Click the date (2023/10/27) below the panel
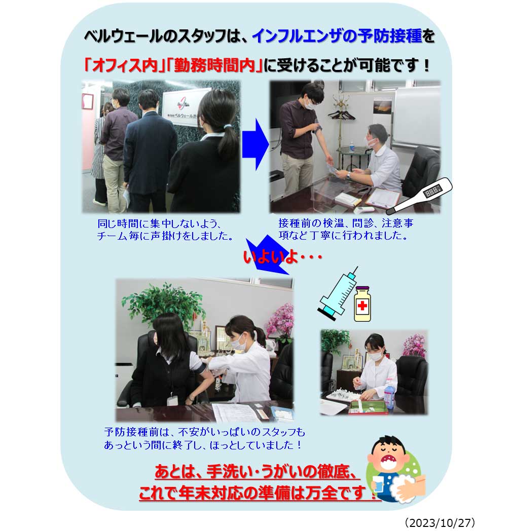point(440,522)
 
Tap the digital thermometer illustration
point(419,196)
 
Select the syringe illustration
point(338,293)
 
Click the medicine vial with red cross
point(362,304)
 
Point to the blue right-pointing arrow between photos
point(255,144)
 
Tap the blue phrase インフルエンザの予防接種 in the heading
point(337,36)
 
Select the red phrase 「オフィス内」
point(122,65)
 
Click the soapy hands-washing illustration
point(407,488)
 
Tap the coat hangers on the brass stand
point(342,114)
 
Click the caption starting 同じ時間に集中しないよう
point(165,230)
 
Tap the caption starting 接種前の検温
point(346,229)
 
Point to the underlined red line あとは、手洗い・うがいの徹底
point(257,471)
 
